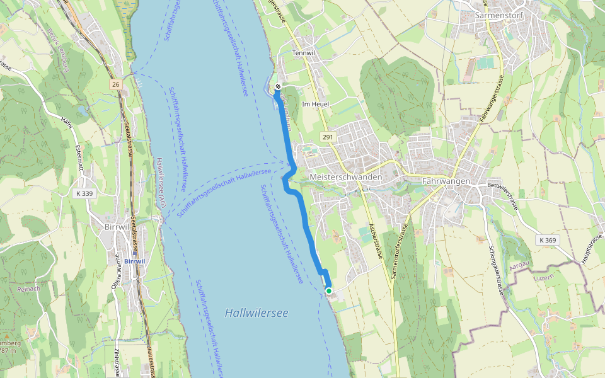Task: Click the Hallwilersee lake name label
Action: click(256, 312)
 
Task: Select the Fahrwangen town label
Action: click(446, 181)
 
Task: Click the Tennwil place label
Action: click(303, 54)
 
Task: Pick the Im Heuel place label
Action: click(316, 104)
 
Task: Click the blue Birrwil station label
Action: click(135, 261)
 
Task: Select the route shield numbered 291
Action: click(327, 137)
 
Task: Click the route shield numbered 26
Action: click(115, 84)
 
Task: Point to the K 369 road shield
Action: click(548, 240)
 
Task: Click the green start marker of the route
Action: click(328, 290)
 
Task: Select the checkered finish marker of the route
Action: click(277, 86)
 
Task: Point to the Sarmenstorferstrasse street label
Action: click(401, 252)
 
